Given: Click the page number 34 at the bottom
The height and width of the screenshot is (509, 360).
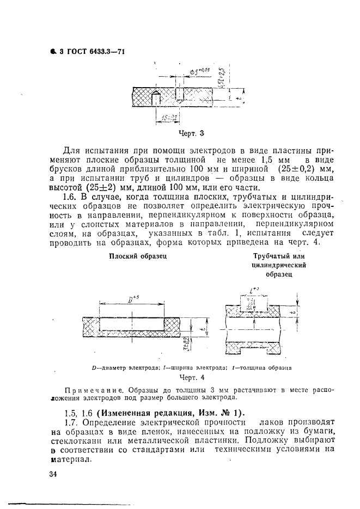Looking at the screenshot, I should point(53,474).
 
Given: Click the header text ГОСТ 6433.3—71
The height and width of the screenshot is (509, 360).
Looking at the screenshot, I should point(96,52).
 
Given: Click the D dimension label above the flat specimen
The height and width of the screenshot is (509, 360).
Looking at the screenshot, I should point(132,298).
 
